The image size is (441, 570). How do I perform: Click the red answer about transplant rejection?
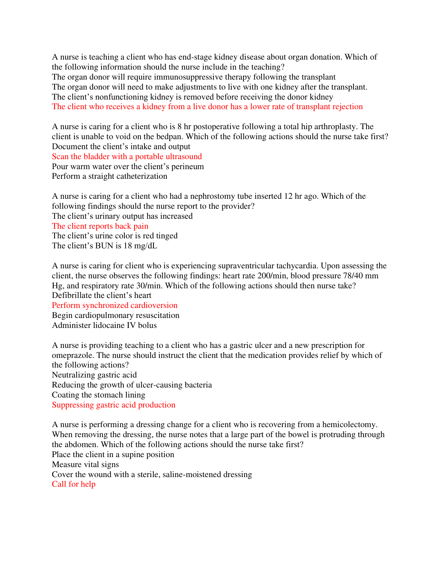pos(207,107)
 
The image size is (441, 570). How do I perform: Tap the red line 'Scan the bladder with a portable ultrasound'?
pos(127,157)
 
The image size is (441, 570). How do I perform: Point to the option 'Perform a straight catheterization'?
pos(109,176)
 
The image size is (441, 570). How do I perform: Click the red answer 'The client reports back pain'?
pos(100,226)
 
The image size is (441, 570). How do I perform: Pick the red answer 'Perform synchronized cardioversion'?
pos(115,305)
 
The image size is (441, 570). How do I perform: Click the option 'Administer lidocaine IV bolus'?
pos(104,325)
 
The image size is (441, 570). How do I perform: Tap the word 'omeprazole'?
pos(73,355)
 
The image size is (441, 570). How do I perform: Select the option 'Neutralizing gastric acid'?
pos(94,375)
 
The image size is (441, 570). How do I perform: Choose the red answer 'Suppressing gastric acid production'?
pos(113,405)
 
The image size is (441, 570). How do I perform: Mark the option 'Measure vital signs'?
pos(85,465)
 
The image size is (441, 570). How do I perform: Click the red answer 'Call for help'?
pos(73,484)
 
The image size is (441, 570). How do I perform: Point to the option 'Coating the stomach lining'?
pos(98,395)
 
